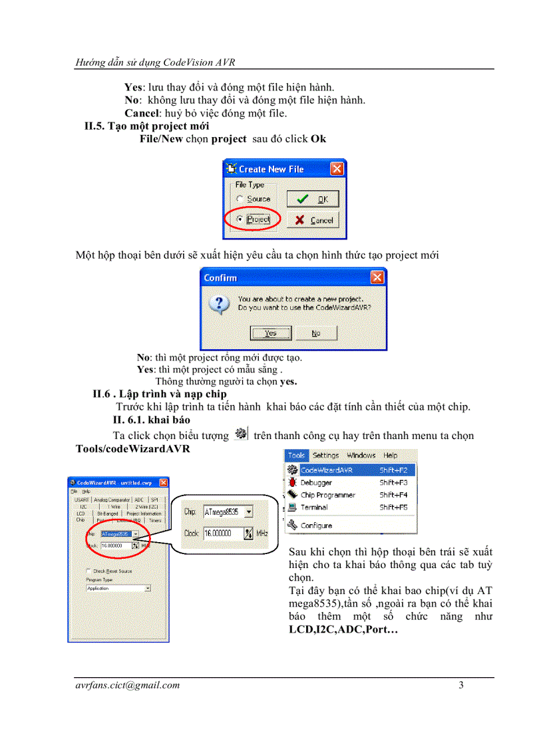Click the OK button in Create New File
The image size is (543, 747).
tap(313, 199)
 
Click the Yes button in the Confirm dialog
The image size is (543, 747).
tap(270, 333)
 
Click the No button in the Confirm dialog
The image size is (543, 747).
tap(315, 333)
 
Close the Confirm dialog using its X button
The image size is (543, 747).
tap(377, 277)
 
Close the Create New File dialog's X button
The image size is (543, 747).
tap(337, 169)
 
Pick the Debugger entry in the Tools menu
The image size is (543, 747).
tap(316, 482)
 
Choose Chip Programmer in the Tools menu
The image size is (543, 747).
tap(327, 495)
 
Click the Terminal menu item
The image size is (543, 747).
tap(314, 507)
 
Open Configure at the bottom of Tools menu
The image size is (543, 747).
tap(316, 525)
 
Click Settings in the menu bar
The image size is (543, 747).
tap(325, 456)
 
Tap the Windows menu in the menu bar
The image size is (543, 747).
tap(361, 456)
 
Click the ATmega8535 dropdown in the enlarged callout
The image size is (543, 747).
tap(228, 512)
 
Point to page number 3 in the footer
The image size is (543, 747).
tap(460, 686)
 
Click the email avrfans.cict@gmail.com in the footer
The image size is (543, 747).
tap(128, 686)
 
